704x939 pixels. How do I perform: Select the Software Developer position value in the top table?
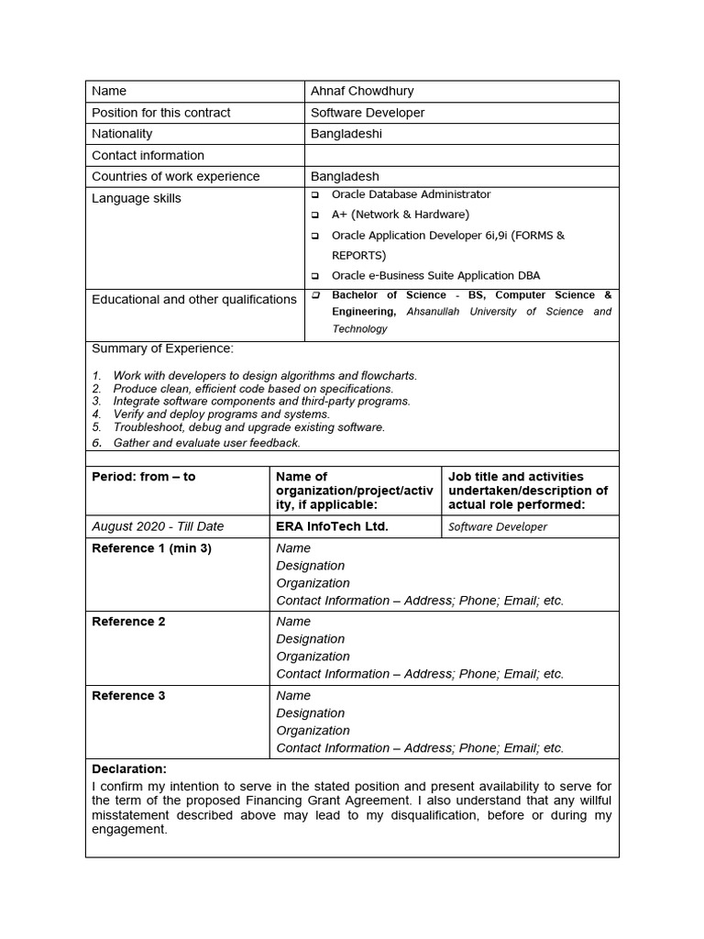[x=368, y=113]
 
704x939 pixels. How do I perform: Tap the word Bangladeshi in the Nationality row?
[x=346, y=134]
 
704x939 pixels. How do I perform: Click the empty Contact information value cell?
[x=461, y=155]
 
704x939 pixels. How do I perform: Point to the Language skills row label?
[x=137, y=198]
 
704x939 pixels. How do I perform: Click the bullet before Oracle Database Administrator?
[x=315, y=194]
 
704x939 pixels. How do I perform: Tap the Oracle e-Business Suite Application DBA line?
[x=435, y=275]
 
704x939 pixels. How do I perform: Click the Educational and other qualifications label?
[x=194, y=299]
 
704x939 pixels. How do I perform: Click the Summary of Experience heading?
[x=162, y=348]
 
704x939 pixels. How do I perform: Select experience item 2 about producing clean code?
[x=252, y=389]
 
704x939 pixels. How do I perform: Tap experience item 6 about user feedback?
[x=206, y=443]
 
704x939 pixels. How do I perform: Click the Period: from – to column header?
[x=144, y=477]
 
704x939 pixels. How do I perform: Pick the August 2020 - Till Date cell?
[x=158, y=526]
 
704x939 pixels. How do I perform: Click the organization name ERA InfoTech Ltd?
[x=332, y=526]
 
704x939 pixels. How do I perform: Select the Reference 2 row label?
[x=129, y=622]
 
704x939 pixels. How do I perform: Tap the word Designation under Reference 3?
[x=311, y=713]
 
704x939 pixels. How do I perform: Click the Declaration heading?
[x=129, y=769]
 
